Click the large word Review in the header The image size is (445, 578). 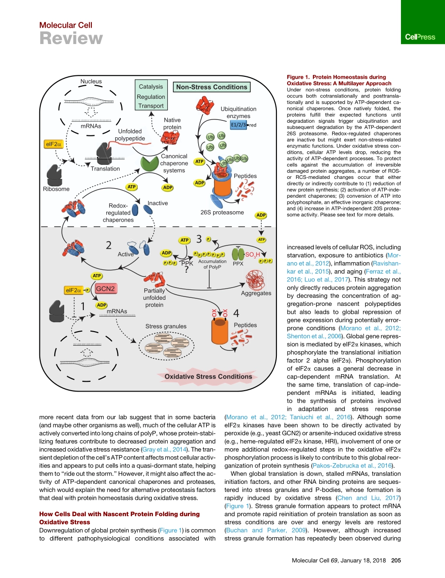[x=71, y=38]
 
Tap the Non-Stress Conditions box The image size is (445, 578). [x=211, y=87]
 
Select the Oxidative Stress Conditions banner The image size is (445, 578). [x=208, y=376]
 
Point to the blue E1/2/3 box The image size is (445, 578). [x=239, y=125]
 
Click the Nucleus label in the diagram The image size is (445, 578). [x=91, y=82]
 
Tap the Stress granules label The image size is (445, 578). [x=166, y=326]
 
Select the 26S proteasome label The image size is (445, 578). [x=222, y=213]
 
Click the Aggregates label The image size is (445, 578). [x=256, y=293]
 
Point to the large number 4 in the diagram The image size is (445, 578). [x=237, y=313]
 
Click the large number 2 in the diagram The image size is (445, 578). [x=108, y=245]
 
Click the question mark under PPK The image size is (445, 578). [x=186, y=270]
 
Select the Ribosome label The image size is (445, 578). [x=56, y=189]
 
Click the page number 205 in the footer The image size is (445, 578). [x=396, y=561]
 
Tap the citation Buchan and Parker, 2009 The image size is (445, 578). [x=251, y=530]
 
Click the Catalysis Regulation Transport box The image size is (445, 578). [x=151, y=96]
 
